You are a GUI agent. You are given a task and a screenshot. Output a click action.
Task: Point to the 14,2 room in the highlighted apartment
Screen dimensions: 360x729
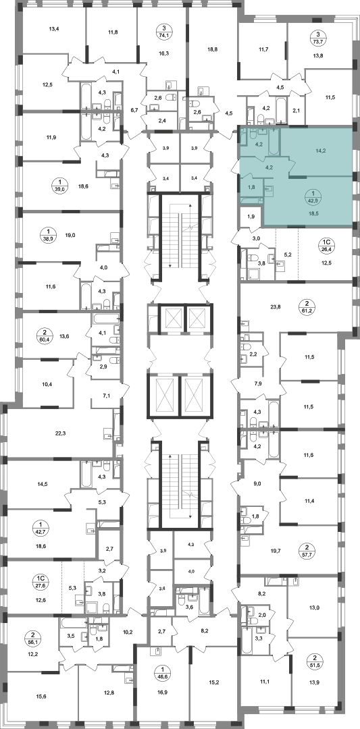coord(319,151)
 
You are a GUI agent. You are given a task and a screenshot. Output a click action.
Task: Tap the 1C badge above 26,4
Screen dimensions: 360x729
coord(326,242)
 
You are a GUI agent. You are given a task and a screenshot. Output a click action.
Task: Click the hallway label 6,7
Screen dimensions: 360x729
coord(134,110)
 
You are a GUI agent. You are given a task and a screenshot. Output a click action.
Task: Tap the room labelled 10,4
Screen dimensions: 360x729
coord(47,385)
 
